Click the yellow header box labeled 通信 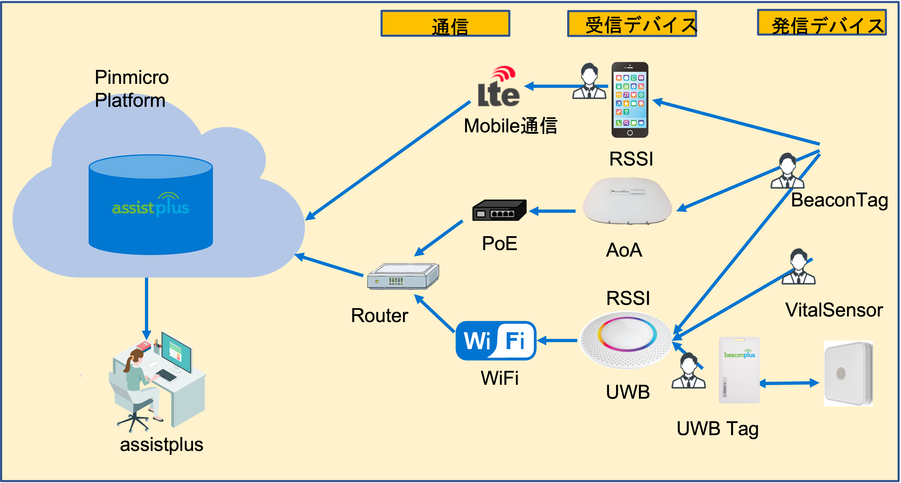coord(445,23)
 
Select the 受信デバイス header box coord(632,23)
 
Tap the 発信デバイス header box coord(822,23)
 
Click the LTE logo coord(498,87)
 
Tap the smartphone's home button coord(629,133)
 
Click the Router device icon coord(403,276)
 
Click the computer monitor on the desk coord(177,352)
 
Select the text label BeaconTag coord(839,200)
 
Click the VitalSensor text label coord(834,310)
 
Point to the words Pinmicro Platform coord(131,89)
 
